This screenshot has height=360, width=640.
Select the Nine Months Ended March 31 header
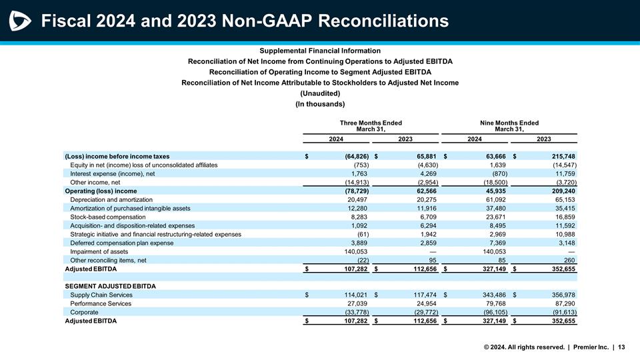tap(509, 126)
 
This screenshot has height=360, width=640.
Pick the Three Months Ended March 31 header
tap(371, 126)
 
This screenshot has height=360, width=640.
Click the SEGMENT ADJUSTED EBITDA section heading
tap(110, 286)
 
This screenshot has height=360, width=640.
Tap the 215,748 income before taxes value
tap(559, 156)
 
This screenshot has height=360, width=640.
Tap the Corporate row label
tap(84, 312)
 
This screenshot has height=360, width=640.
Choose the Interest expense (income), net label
tap(112, 173)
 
